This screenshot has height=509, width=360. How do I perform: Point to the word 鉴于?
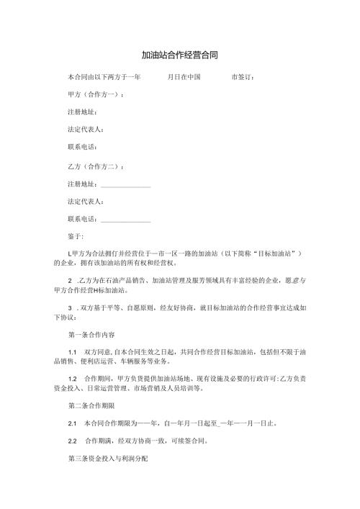[x=75, y=237]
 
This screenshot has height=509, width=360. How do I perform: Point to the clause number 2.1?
[x=72, y=423]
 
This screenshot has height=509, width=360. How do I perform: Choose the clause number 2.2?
[x=72, y=441]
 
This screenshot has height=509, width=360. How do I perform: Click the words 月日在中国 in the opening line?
[x=184, y=76]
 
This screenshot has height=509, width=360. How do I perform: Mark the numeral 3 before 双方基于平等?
[x=68, y=307]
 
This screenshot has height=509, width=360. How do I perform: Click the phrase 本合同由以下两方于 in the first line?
[x=101, y=76]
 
